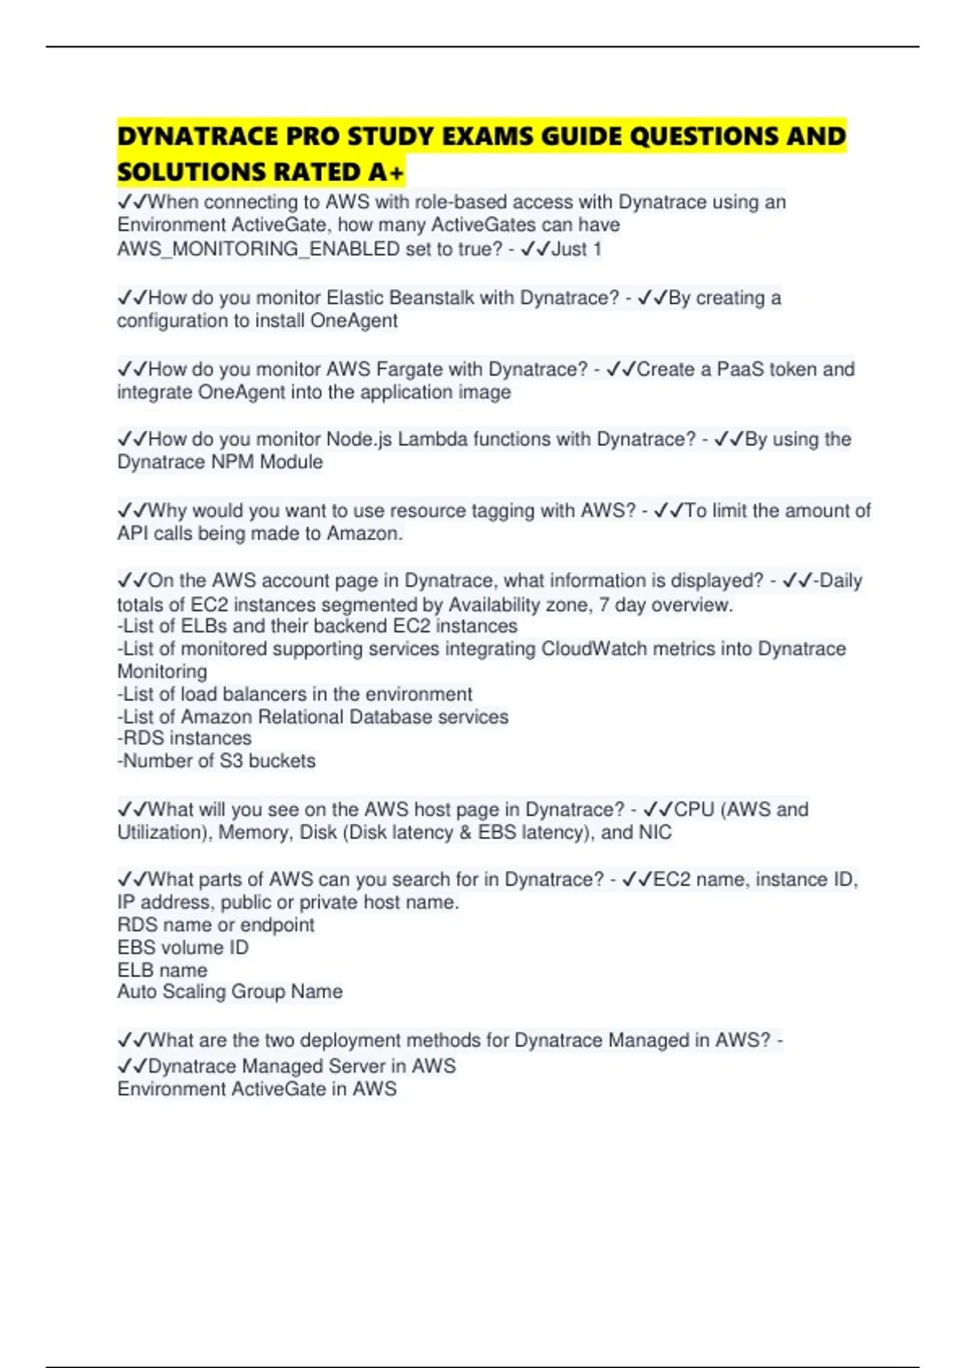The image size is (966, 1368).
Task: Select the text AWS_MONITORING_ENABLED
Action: (258, 249)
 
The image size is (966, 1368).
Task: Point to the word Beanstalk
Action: (431, 298)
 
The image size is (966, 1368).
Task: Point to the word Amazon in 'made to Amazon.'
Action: (364, 534)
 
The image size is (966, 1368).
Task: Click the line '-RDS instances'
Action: (184, 738)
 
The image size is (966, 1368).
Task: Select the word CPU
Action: (694, 810)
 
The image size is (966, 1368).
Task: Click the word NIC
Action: (655, 832)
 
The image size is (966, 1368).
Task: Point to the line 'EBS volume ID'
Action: (183, 948)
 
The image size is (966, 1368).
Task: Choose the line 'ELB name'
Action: (163, 970)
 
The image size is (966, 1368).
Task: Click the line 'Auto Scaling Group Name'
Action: (230, 992)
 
